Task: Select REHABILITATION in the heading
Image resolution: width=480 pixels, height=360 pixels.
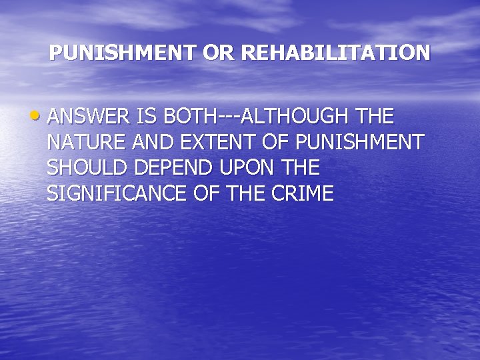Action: tap(335, 53)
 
